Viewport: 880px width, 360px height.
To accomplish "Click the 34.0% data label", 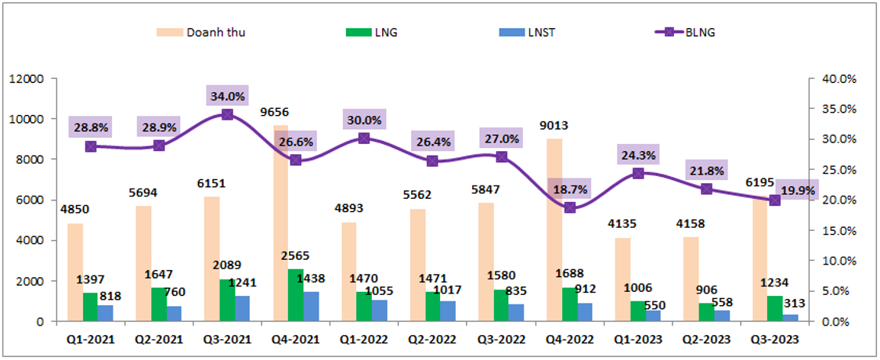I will point(227,96).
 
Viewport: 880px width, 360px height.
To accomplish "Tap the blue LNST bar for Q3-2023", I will point(790,318).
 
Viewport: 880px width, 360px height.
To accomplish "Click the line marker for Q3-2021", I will point(227,114).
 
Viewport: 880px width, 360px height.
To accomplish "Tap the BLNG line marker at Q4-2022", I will point(570,207).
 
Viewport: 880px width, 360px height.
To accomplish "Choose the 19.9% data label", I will point(796,190).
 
